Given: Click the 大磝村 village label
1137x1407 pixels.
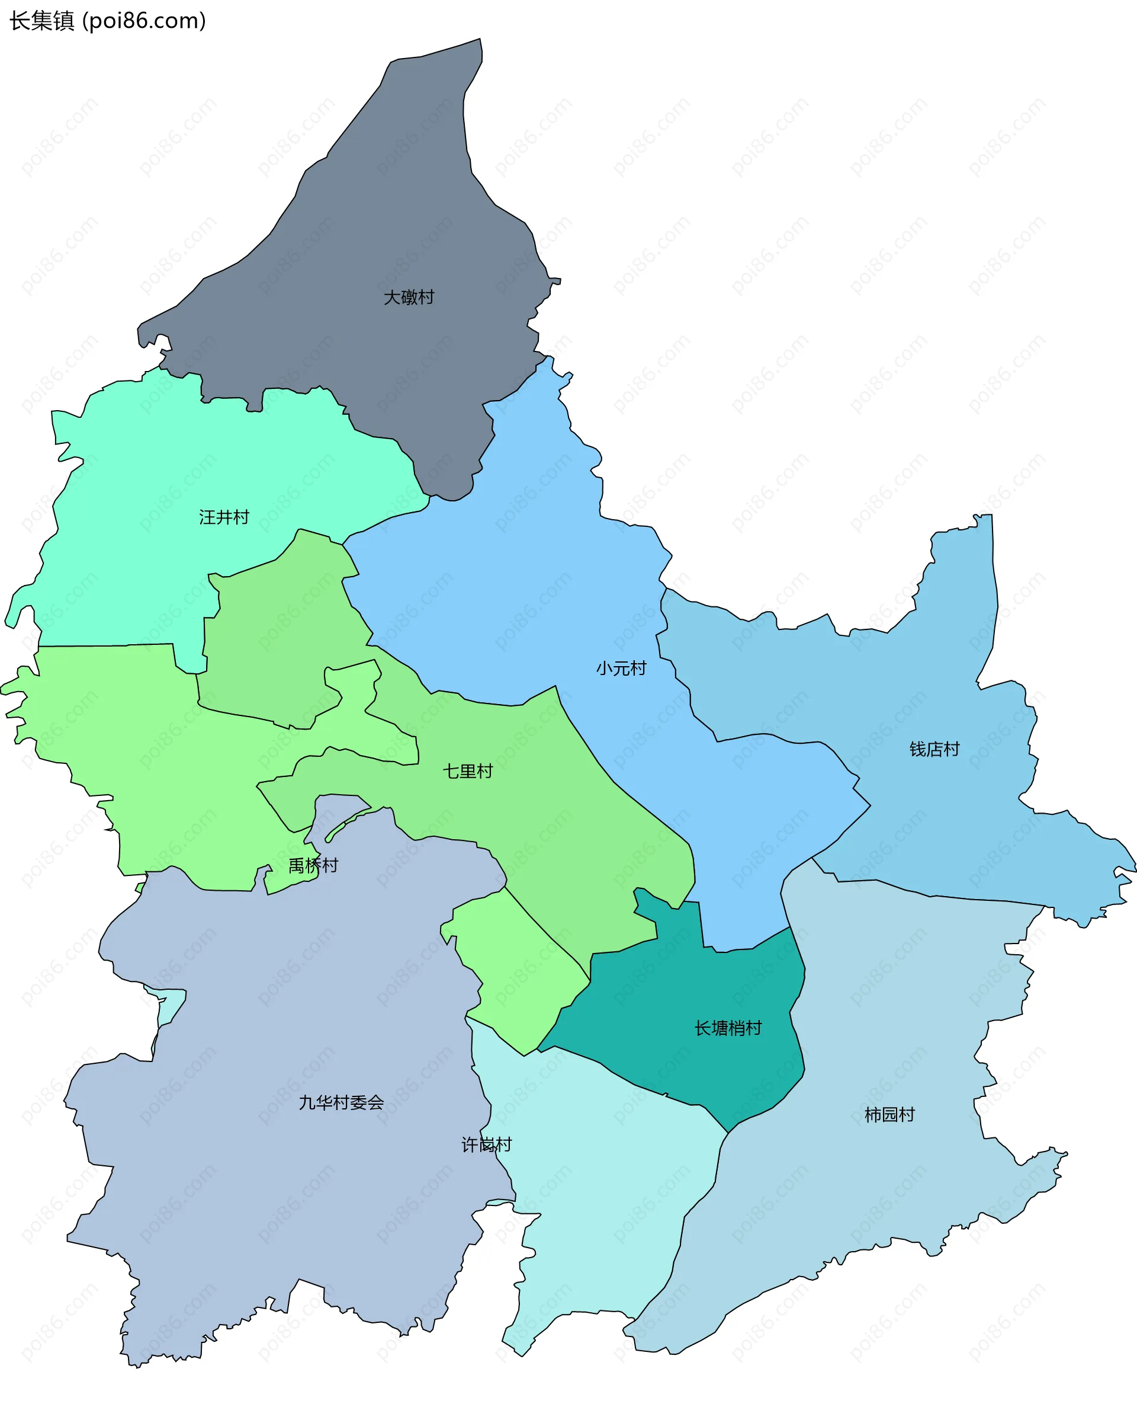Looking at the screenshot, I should (409, 298).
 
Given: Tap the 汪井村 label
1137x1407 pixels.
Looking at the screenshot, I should (224, 518).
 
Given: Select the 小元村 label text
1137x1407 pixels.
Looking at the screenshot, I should (621, 669).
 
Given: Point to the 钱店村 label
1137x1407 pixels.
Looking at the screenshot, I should (934, 749).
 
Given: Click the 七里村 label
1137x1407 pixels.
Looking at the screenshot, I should (468, 771).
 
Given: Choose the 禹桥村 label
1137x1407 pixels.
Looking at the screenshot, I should (313, 866).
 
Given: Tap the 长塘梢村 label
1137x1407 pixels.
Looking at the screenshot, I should (728, 1028).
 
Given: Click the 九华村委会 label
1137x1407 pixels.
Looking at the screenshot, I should (341, 1103).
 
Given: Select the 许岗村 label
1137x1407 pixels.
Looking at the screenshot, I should (487, 1145).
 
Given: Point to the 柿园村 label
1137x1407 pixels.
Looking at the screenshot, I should (889, 1115).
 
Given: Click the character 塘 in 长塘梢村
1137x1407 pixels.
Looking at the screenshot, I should (720, 1028).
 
